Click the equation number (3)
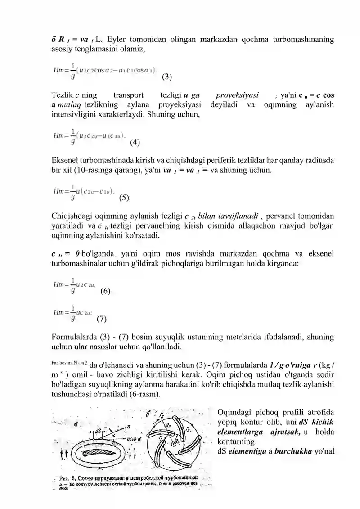click(x=166, y=77)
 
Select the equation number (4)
click(x=135, y=143)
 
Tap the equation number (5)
click(x=124, y=197)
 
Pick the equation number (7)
click(x=102, y=320)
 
